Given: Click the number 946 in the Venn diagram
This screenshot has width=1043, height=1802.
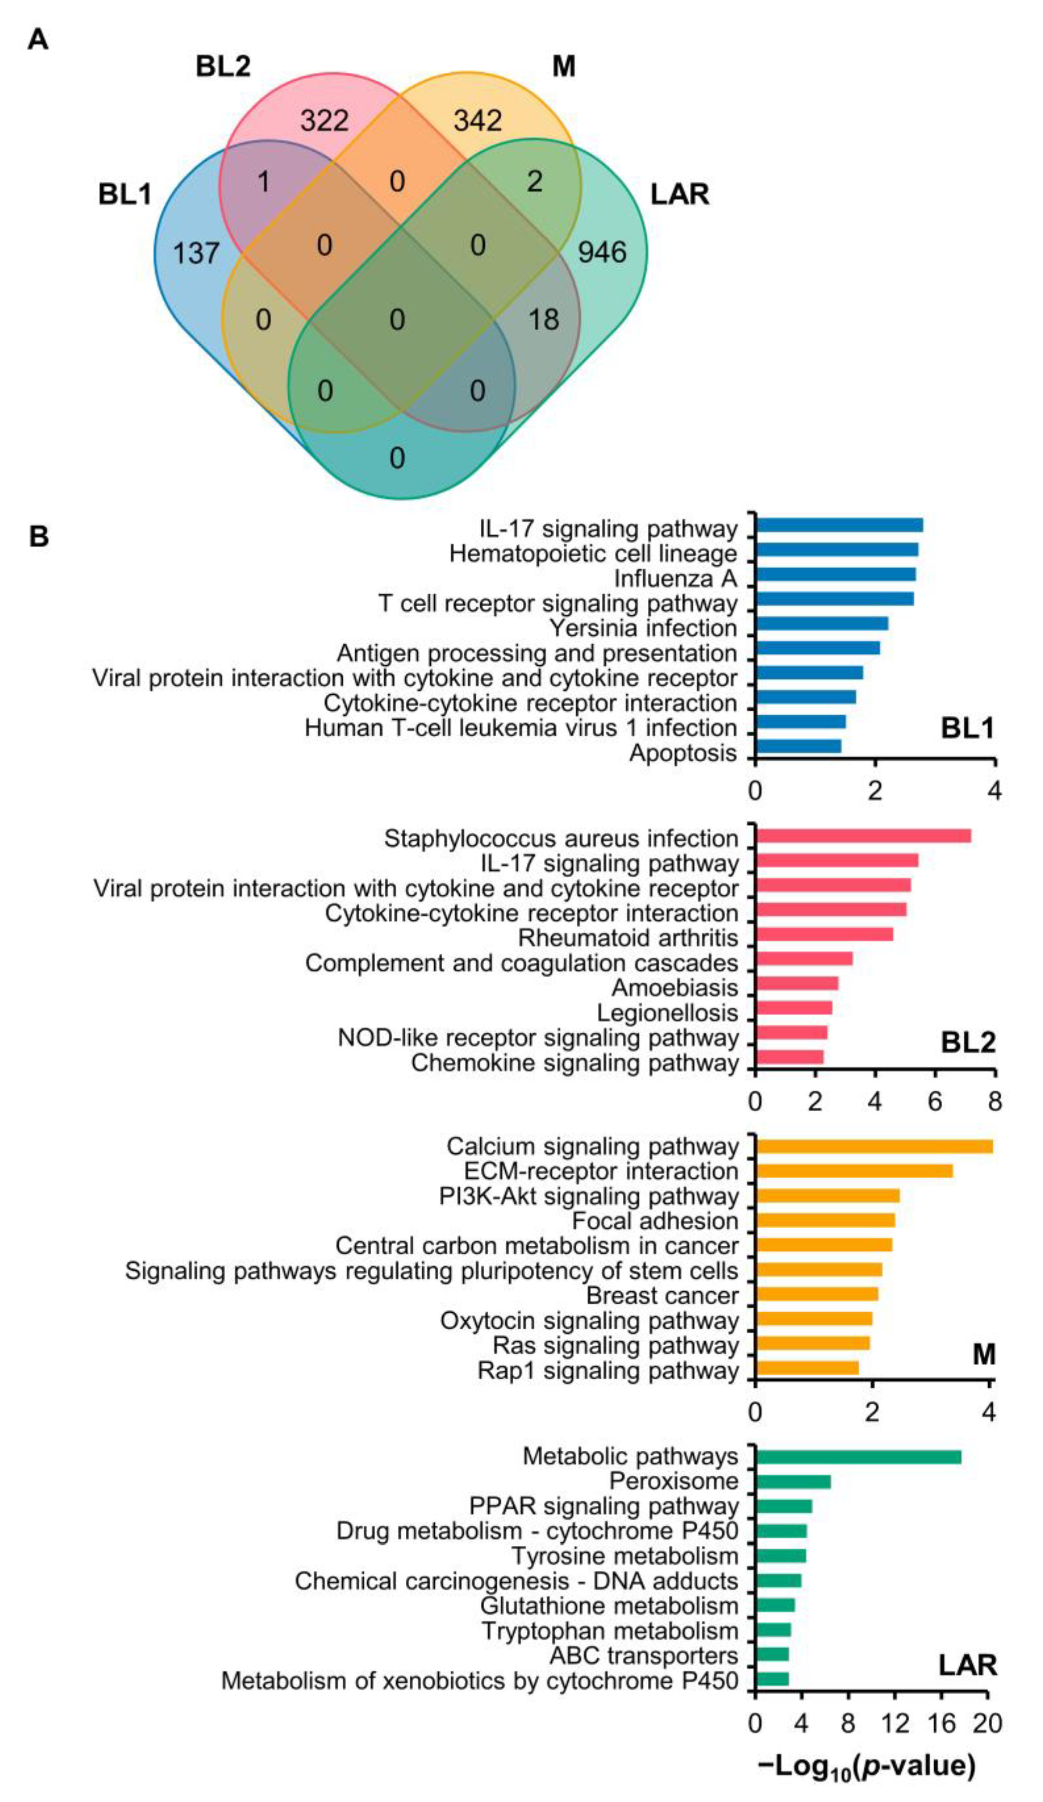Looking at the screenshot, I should (x=602, y=252).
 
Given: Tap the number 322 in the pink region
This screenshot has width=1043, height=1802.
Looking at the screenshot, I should (x=324, y=120).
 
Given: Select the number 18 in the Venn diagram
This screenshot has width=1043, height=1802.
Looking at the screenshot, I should (x=544, y=319).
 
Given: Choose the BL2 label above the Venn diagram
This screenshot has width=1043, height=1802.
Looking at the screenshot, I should (x=223, y=67).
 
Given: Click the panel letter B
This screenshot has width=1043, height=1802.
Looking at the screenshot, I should (x=39, y=536).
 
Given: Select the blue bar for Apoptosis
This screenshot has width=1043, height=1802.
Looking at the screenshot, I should (x=798, y=746).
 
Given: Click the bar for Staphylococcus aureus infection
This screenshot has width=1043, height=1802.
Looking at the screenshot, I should (x=863, y=836).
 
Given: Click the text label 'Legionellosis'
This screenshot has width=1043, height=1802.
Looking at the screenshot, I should (x=667, y=1013).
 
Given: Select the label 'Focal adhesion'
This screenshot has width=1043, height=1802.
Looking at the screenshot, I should (x=655, y=1221).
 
